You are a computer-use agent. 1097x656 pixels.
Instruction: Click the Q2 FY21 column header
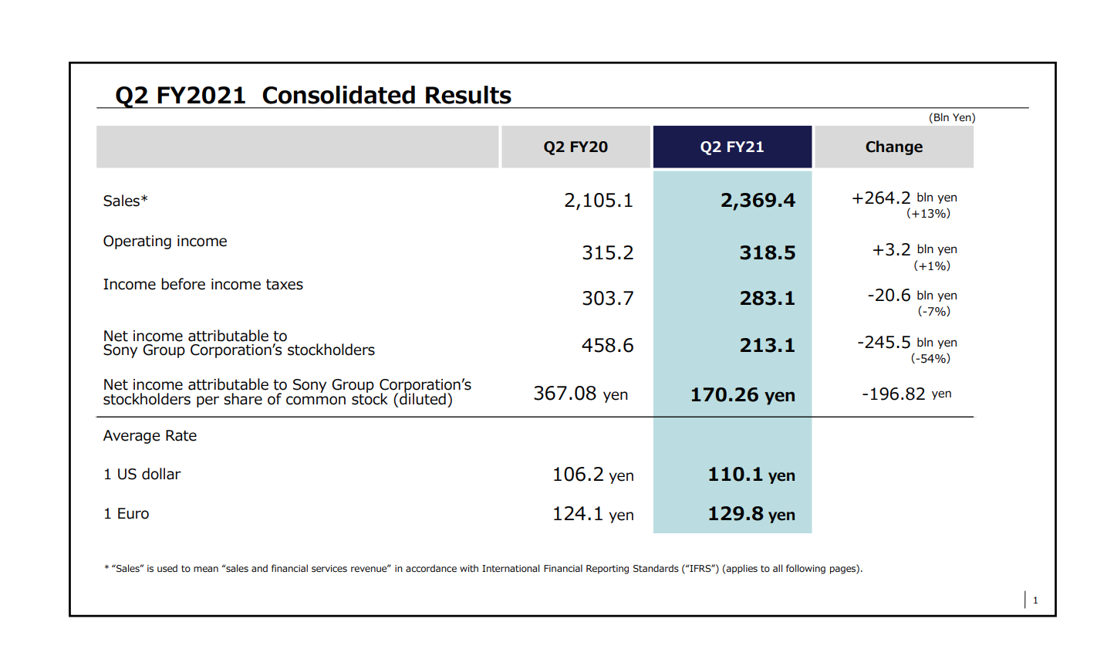pyautogui.click(x=732, y=147)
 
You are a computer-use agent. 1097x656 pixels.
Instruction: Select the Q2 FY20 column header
pyautogui.click(x=576, y=147)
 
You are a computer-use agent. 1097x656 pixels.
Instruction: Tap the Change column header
pyautogui.click(x=893, y=147)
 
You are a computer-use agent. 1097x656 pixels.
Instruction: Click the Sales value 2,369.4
pyautogui.click(x=758, y=201)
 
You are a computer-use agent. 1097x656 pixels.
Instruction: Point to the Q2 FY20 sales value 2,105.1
pyautogui.click(x=598, y=201)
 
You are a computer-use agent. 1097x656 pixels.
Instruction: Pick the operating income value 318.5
pyautogui.click(x=767, y=253)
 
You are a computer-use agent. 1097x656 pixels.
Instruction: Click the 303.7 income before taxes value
pyautogui.click(x=607, y=298)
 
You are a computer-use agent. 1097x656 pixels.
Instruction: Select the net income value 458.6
pyautogui.click(x=607, y=345)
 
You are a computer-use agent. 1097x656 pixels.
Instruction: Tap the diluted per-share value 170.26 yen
pyautogui.click(x=742, y=395)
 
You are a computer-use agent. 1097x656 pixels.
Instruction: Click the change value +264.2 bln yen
pyautogui.click(x=903, y=198)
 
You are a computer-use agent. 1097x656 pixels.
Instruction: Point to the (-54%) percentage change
pyautogui.click(x=930, y=358)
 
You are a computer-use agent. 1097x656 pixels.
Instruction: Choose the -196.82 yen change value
pyautogui.click(x=906, y=394)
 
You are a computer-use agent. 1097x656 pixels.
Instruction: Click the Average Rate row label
pyautogui.click(x=150, y=436)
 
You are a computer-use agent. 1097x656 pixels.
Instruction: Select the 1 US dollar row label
pyautogui.click(x=142, y=475)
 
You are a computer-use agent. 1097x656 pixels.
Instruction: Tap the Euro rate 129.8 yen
pyautogui.click(x=751, y=514)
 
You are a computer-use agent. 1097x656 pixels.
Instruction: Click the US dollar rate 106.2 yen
pyautogui.click(x=592, y=475)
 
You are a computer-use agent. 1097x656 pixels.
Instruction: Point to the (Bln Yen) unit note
pyautogui.click(x=952, y=117)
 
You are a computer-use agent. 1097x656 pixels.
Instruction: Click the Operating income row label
pyautogui.click(x=165, y=242)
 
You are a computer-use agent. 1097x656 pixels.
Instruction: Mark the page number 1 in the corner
pyautogui.click(x=1035, y=600)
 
